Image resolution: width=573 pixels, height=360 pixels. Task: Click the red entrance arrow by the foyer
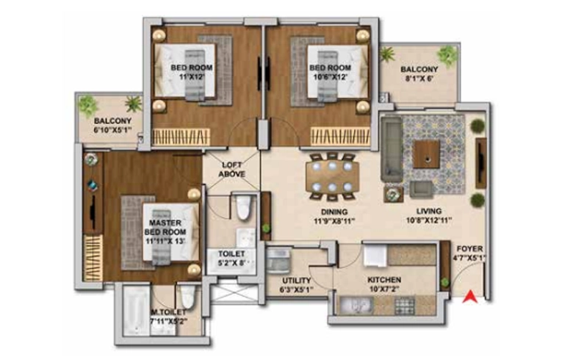[x=470, y=296]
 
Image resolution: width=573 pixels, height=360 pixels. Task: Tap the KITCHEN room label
[x=384, y=280]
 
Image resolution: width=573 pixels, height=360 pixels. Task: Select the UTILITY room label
[x=296, y=281]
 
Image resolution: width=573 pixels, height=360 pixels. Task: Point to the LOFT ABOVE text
[x=231, y=170]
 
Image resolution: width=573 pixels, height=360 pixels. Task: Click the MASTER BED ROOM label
[x=165, y=227]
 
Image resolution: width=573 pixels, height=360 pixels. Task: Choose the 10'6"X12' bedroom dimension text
[x=330, y=77]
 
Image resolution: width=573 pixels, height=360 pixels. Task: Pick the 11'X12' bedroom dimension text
[x=192, y=76]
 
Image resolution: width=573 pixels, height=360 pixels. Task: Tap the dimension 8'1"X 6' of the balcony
[x=419, y=79]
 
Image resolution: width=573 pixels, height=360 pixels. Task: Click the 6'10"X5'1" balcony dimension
[x=112, y=130]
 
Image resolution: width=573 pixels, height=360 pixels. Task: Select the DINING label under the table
[x=334, y=212]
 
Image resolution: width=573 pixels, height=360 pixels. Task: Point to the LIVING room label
[x=429, y=212]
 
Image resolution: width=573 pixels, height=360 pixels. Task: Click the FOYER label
[x=469, y=248]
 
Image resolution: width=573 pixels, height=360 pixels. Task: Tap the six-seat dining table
[x=332, y=176]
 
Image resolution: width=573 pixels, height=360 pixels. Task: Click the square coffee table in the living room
[x=426, y=154]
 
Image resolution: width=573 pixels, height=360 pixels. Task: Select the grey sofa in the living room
[x=392, y=149]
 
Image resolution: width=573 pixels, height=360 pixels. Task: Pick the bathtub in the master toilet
[x=136, y=311]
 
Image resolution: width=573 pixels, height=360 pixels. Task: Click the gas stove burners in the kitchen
[x=405, y=306]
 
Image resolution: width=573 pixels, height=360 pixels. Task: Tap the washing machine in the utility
[x=278, y=260]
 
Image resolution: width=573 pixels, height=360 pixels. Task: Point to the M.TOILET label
[x=169, y=313]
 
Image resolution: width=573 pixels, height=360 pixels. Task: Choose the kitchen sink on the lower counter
[x=357, y=305]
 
